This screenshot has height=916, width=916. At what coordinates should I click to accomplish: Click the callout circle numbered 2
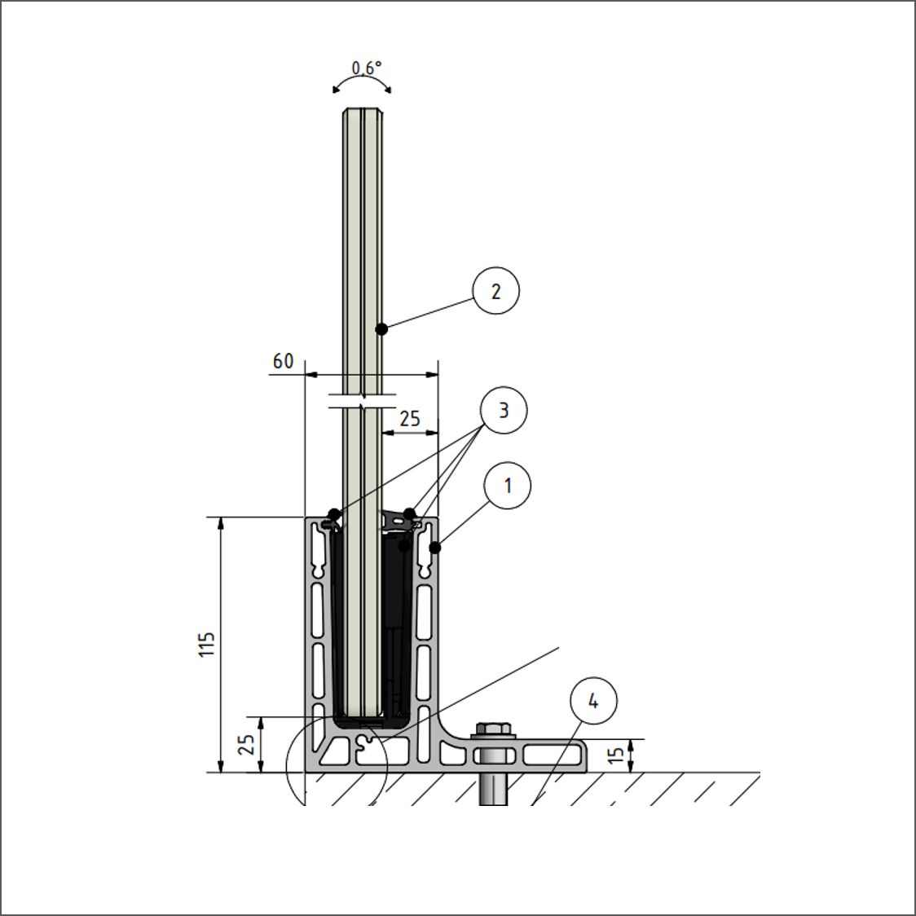(495, 290)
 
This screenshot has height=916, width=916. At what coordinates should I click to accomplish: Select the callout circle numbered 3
(503, 410)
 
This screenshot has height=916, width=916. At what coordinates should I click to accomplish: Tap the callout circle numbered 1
(507, 486)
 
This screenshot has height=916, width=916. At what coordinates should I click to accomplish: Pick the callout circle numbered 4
(593, 700)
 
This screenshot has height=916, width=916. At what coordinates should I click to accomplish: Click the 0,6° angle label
(366, 68)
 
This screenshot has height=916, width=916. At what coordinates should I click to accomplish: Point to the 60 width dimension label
(283, 362)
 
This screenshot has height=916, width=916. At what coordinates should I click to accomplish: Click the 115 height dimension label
(207, 645)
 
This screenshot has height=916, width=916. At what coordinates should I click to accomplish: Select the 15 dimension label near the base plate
(616, 755)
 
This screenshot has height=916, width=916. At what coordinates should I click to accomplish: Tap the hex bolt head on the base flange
(495, 730)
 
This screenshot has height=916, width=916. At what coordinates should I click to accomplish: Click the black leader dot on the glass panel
(381, 329)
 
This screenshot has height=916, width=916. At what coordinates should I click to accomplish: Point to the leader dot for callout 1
(434, 548)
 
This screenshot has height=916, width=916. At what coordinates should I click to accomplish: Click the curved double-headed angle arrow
(362, 81)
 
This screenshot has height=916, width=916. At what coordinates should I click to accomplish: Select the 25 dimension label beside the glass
(410, 418)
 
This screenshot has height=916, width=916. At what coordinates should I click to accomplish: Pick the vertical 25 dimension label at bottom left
(247, 744)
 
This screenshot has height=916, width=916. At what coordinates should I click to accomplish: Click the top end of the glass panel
(363, 109)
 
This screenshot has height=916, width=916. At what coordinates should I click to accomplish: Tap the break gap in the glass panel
(363, 400)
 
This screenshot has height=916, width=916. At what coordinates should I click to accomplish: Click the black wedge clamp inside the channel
(396, 619)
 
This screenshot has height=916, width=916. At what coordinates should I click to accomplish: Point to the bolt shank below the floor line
(494, 789)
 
